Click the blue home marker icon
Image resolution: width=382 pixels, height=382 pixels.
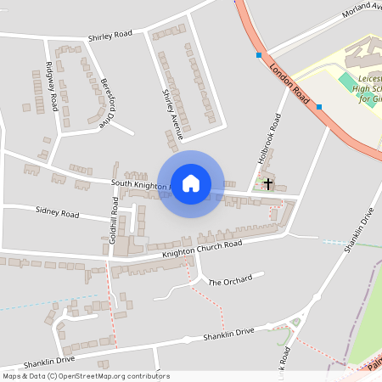point(191,183)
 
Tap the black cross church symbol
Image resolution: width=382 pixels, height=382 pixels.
point(268,183)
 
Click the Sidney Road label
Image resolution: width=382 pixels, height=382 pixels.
point(57,211)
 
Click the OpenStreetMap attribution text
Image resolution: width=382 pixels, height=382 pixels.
point(85,376)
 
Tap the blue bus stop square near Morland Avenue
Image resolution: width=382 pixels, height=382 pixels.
point(259,55)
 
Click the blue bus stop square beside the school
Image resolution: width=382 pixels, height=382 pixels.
point(319,107)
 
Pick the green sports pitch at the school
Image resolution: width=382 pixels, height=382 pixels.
point(348,82)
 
